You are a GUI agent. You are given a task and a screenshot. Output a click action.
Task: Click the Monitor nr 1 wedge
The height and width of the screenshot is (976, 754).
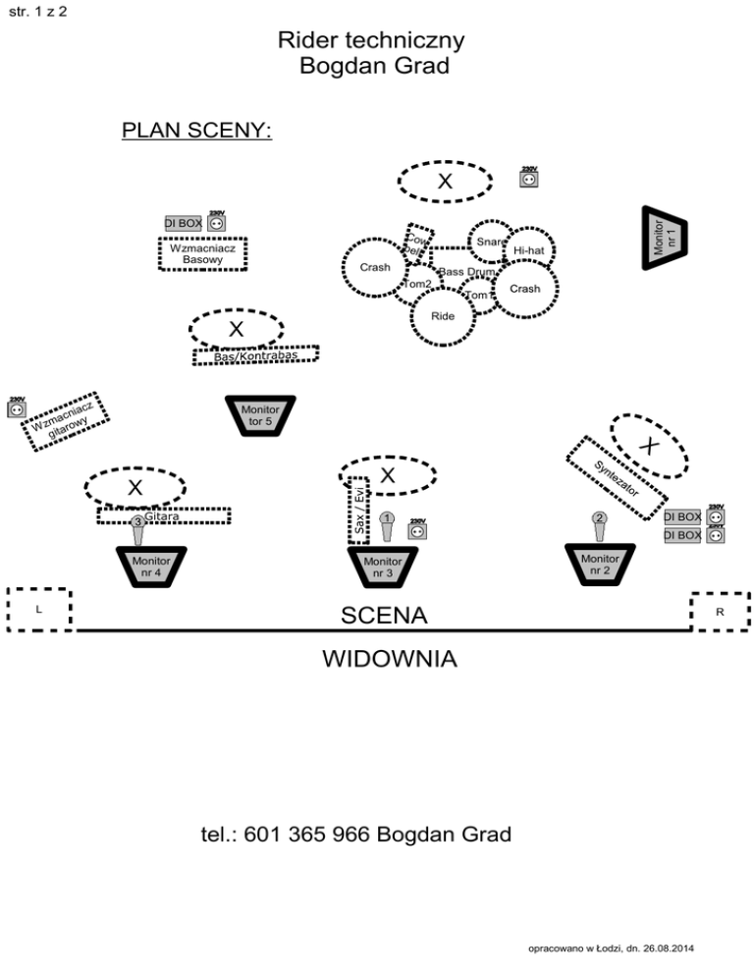[665, 239]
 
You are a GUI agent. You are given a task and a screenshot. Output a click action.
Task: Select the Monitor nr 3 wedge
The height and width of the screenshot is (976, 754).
[383, 567]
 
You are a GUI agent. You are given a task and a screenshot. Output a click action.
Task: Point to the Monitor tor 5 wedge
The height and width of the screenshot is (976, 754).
[260, 415]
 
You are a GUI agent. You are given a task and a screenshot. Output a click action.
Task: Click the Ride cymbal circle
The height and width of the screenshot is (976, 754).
[443, 317]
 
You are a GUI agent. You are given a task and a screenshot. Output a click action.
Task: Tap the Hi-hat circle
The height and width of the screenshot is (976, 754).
[528, 251]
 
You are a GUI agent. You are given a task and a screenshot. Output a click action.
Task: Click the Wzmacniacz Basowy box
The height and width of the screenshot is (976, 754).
[202, 253]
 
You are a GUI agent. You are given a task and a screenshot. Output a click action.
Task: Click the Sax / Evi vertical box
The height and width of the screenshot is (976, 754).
[359, 509]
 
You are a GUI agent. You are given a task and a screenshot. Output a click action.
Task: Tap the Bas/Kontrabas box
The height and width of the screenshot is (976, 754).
[256, 355]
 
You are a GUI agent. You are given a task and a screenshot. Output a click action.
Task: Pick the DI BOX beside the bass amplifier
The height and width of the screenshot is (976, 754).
[184, 224]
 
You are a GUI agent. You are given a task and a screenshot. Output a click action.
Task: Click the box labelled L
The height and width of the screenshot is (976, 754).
[38, 609]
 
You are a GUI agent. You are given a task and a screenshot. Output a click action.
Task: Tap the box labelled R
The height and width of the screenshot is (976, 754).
[720, 612]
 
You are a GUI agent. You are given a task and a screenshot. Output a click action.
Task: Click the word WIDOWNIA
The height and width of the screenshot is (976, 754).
[389, 657]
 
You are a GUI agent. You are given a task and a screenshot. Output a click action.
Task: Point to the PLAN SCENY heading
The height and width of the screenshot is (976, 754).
[196, 131]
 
